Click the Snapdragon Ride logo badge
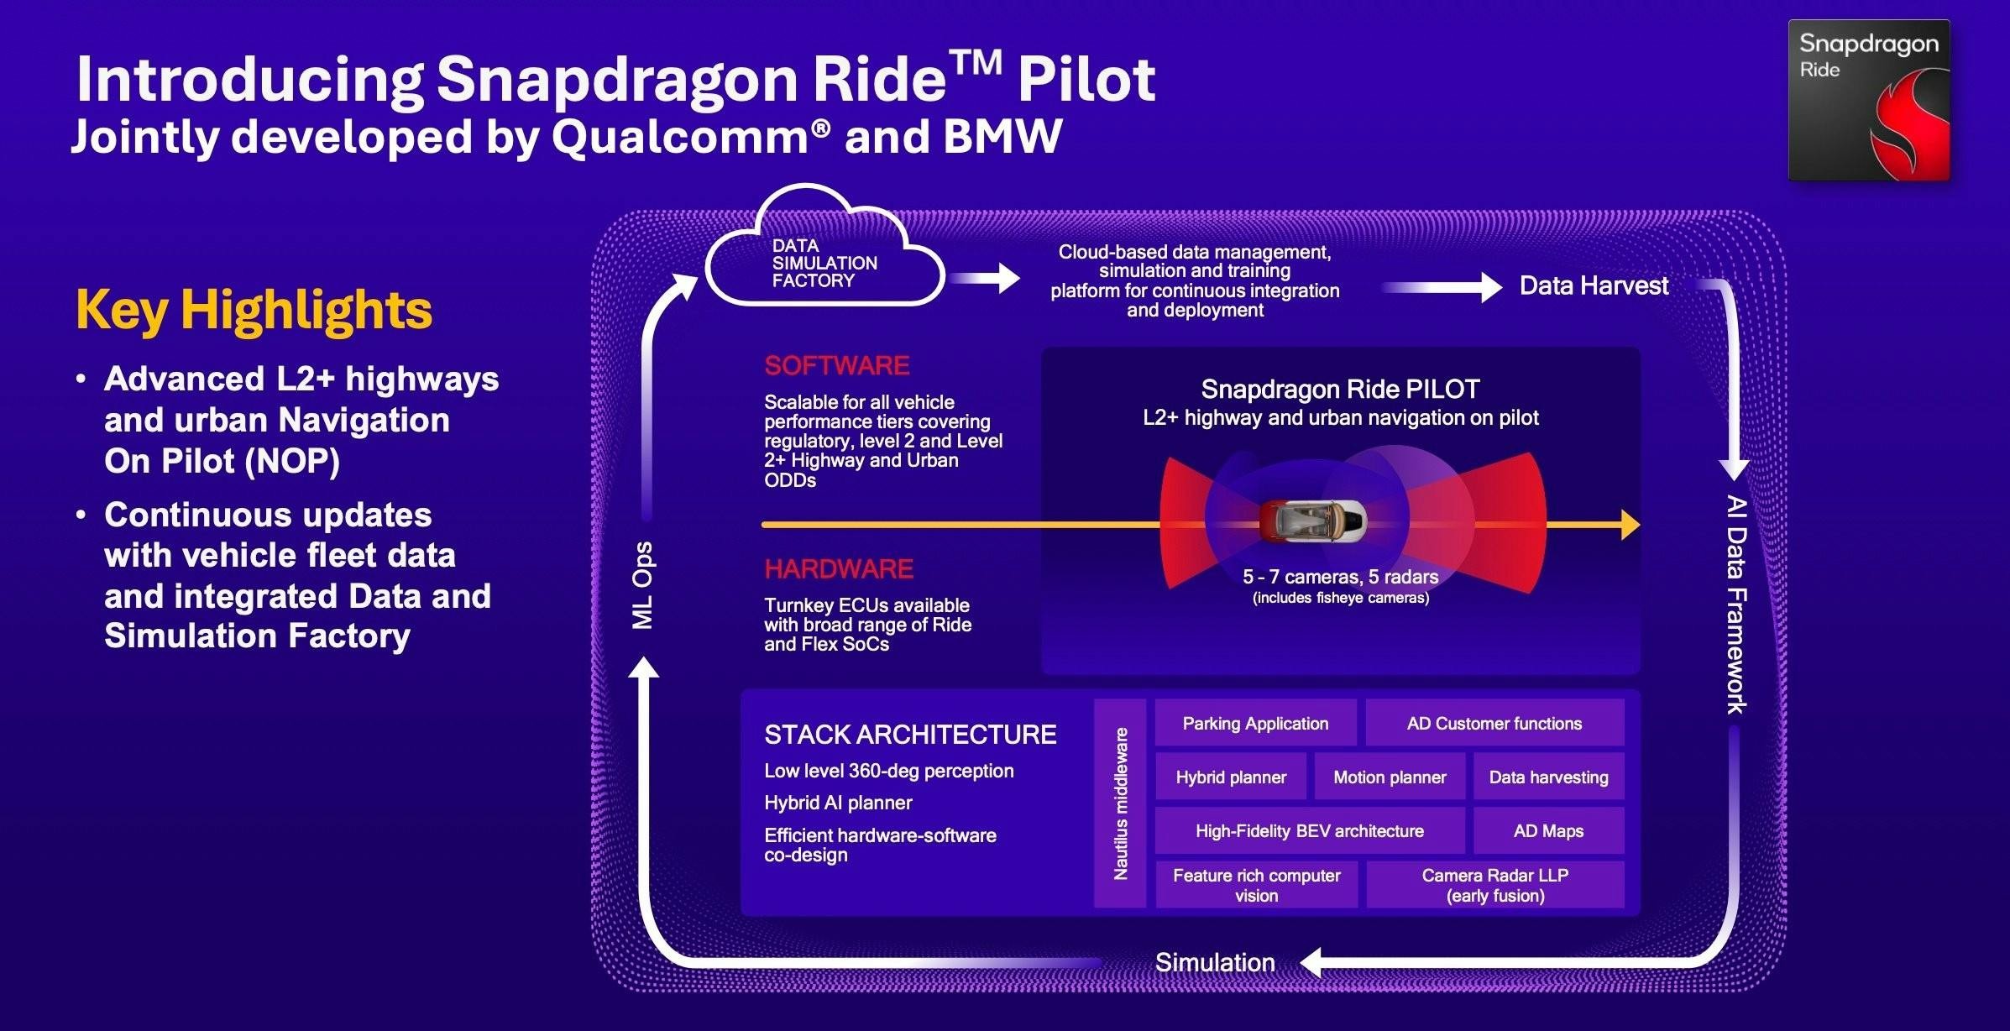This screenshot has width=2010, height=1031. pos(1868,100)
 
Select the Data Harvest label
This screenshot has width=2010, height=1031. pos(1594,286)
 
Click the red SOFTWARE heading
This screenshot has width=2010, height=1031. pos(836,366)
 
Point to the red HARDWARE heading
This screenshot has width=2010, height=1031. pos(838,569)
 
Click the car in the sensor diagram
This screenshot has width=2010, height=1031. pos(1312,521)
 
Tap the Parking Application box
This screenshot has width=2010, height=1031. pos(1255,724)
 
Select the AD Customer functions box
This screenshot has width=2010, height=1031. pos(1494,724)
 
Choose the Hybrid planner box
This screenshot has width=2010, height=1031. pos(1231,777)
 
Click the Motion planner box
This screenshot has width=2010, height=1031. pos(1390,777)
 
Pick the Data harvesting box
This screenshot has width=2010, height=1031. pos(1548,777)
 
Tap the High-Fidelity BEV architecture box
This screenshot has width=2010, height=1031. pos(1309,831)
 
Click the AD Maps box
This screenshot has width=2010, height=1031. pos(1548,831)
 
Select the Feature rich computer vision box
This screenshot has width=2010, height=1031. pos(1256,885)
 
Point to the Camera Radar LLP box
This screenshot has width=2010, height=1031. pos(1494,885)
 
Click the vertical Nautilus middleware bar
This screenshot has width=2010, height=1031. pos(1120,803)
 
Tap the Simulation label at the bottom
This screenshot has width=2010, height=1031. pos(1215,962)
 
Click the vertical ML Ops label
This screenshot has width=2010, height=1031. pos(642,586)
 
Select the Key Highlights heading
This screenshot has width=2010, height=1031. pos(254,311)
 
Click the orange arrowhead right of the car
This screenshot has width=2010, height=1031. pos(1630,525)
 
